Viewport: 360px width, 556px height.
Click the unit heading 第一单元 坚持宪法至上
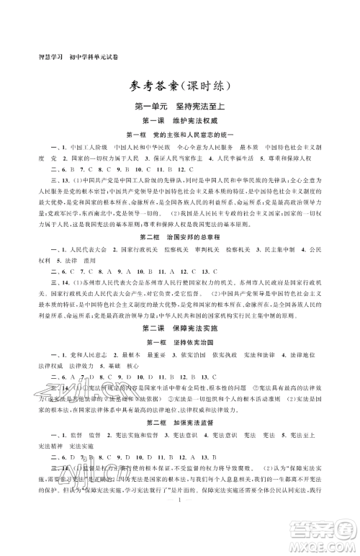tap(180, 105)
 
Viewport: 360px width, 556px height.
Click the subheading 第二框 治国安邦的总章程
tap(180, 236)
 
